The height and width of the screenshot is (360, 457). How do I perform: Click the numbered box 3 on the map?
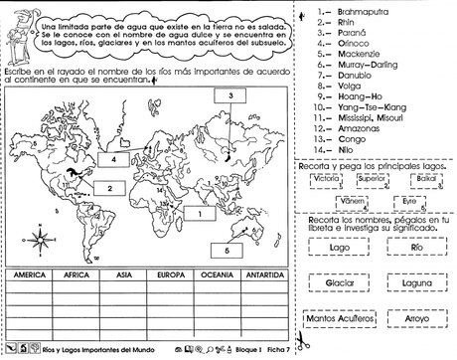229,96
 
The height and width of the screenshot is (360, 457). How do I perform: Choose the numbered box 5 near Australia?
228,252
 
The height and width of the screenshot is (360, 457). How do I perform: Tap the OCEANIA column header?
218,273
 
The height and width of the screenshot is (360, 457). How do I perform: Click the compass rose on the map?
40,239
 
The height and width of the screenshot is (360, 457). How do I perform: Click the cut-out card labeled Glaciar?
340,282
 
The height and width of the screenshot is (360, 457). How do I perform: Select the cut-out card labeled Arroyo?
416,317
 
